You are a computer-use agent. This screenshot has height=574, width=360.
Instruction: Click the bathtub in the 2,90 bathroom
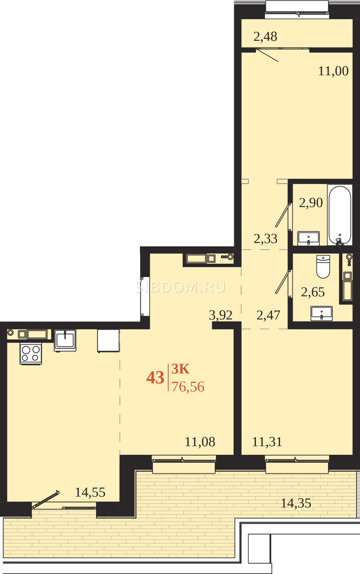tap(339, 215)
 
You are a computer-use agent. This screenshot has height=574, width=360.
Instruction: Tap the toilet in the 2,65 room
tap(323, 266)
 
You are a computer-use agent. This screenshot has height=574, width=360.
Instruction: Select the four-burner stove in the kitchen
tap(31, 353)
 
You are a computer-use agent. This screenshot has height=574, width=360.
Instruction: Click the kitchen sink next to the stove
tap(65, 340)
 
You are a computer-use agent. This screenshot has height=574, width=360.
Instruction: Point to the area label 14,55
tap(90, 492)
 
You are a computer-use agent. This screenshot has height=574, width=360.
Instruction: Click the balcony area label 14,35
tap(296, 503)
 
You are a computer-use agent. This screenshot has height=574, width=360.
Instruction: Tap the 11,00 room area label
tap(333, 71)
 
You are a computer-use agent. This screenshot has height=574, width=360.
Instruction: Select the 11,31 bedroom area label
tap(267, 442)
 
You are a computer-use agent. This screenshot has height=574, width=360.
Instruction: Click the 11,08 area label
tap(200, 442)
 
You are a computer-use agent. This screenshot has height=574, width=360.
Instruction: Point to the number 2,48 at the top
tap(265, 37)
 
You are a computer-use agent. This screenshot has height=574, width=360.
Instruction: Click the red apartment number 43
tap(155, 377)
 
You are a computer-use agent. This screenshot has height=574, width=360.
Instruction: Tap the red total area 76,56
tap(188, 386)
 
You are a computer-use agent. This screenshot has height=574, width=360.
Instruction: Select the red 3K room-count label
tap(181, 369)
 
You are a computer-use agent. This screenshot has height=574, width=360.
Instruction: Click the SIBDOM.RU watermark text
tap(180, 287)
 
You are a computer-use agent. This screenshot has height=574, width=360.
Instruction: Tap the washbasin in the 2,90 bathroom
tap(308, 238)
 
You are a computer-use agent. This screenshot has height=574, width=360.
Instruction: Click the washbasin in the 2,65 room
tap(322, 313)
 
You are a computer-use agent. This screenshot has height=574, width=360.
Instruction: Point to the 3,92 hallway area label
tap(221, 315)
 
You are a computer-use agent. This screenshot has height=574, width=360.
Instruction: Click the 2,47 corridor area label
tap(268, 315)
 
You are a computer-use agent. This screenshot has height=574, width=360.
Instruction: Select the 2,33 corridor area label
tap(265, 239)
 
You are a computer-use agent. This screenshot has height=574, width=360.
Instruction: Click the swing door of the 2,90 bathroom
tap(283, 215)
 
